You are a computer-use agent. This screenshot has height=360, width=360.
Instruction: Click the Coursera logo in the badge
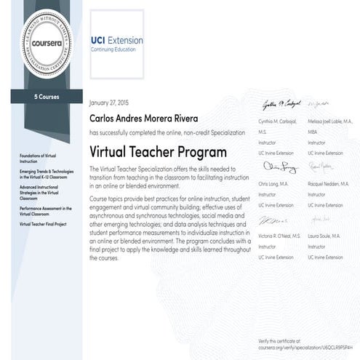[x=44, y=43]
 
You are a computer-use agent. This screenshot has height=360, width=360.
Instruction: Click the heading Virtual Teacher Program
[x=158, y=152]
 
